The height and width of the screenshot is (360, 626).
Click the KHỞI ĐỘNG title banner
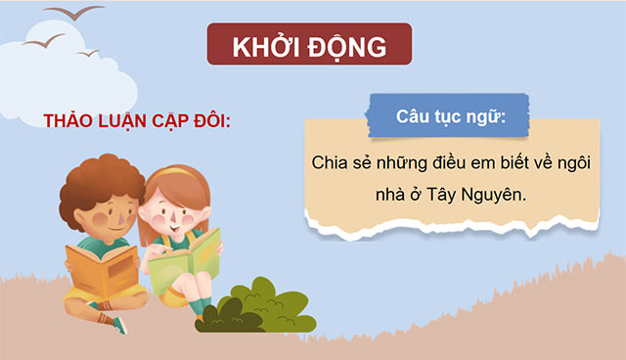point(309,47)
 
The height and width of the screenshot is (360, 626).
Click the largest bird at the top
point(81,13)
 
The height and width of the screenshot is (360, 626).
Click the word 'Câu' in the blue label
point(415,115)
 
